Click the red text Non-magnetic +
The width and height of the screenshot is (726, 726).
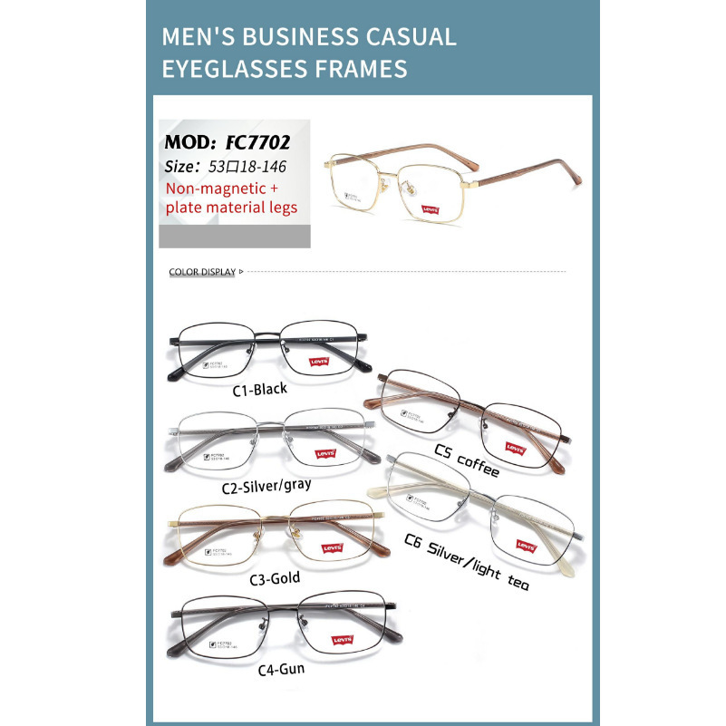(216, 189)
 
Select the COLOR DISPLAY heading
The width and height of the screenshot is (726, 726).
(202, 272)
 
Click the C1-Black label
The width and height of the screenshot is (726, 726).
(259, 389)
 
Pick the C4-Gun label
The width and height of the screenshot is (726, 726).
(280, 671)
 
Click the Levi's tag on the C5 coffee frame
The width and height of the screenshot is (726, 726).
(516, 447)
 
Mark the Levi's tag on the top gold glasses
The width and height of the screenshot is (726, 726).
(430, 209)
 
